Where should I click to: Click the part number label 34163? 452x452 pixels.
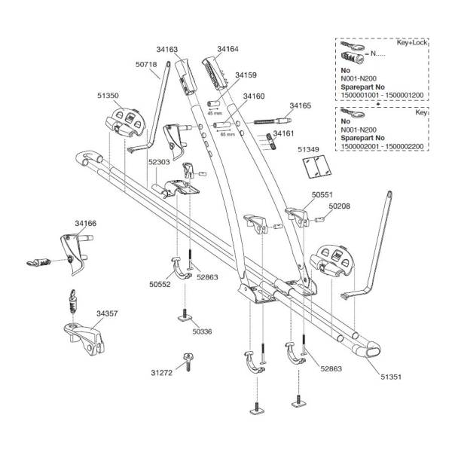(x=168, y=50)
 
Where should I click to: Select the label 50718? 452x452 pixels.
(x=146, y=65)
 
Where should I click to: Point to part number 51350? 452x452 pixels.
(x=108, y=96)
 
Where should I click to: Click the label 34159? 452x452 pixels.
(x=245, y=75)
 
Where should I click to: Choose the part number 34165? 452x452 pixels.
(x=300, y=106)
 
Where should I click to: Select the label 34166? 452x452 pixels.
(x=85, y=224)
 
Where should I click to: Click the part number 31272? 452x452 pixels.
(x=160, y=373)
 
